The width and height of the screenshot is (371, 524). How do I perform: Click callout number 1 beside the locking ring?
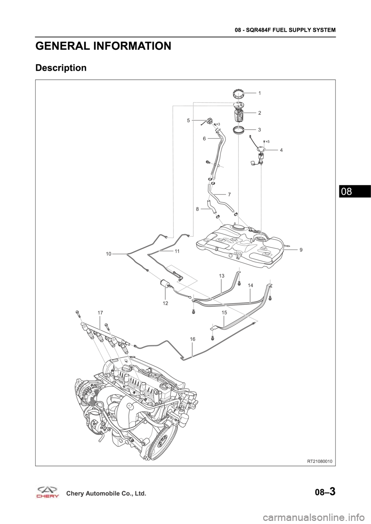(260, 93)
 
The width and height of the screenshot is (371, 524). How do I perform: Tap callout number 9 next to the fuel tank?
(301, 250)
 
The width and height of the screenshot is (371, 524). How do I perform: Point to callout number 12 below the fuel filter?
(165, 303)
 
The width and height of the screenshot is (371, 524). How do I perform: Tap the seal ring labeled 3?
(239, 130)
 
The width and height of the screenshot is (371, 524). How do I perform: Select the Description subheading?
(61, 68)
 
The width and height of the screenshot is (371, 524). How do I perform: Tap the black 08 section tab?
(355, 191)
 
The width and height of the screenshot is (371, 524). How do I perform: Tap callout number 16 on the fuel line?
(192, 339)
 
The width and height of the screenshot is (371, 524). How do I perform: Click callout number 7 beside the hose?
(229, 194)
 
